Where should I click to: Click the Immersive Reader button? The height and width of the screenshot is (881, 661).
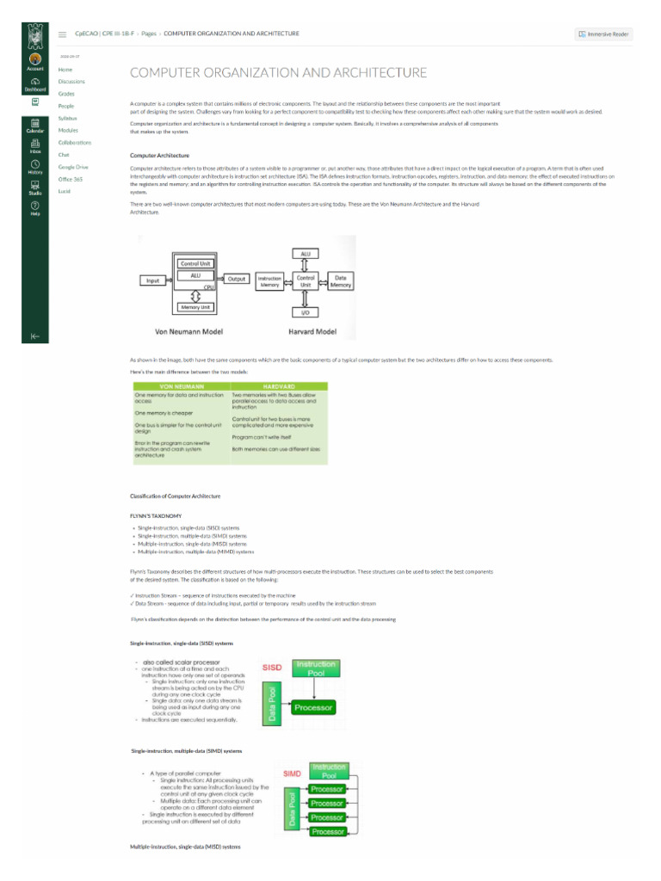coord(604,34)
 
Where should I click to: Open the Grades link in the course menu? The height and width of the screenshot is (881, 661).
coord(66,93)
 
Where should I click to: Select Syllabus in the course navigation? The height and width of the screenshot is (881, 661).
coord(68,118)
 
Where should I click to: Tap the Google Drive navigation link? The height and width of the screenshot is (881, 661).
coord(73,167)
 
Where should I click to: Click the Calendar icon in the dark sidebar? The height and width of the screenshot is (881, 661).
coord(35,125)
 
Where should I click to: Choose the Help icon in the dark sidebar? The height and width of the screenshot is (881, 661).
coord(35,207)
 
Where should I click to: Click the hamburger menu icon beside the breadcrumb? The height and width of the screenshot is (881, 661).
coord(63,34)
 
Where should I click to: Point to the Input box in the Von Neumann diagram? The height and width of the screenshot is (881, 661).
coord(153,280)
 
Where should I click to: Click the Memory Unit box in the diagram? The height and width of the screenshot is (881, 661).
coord(195,307)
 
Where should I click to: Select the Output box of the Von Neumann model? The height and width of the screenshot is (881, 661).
coord(237,279)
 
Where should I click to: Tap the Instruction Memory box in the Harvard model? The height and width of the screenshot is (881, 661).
coord(269,280)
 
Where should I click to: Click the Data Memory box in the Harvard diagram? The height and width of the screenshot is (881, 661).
coord(341,280)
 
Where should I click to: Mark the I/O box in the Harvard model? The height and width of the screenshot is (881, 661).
coord(306,312)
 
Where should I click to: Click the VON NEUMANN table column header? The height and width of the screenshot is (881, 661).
coord(181,386)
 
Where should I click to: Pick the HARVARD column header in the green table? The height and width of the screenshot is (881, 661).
coord(279,386)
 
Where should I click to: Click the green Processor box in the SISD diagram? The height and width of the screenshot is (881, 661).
coord(312,708)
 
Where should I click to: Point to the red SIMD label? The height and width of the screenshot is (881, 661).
coord(292,773)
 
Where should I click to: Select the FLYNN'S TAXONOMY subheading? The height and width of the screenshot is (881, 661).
coord(156,515)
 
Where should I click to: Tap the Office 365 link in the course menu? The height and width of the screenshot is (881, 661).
coord(71,179)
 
